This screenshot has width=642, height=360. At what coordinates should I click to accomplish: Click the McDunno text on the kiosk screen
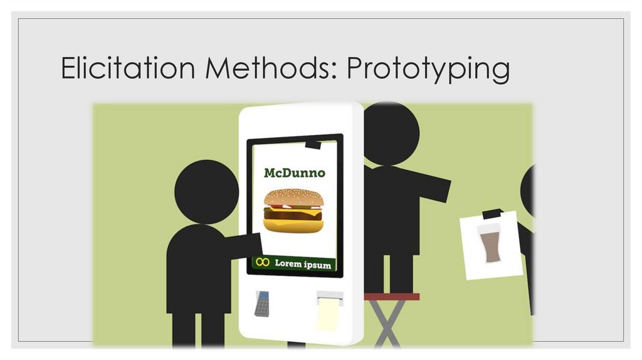point(294,172)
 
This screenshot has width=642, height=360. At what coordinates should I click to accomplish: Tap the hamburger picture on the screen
point(293,211)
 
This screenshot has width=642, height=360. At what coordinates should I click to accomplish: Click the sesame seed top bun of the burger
point(293,198)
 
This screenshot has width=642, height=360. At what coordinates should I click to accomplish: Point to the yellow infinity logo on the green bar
point(263,263)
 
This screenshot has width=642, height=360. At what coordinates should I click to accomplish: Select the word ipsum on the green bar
point(320,265)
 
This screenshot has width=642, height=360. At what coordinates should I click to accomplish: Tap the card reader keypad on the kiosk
point(262,304)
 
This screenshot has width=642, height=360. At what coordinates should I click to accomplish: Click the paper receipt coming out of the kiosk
point(329,312)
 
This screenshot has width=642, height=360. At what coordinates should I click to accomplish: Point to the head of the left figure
point(206,191)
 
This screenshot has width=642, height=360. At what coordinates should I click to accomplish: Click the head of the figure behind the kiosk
point(390,134)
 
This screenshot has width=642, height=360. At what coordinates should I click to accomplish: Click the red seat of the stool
point(392,297)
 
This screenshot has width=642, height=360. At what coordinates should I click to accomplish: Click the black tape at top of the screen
point(312,145)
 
